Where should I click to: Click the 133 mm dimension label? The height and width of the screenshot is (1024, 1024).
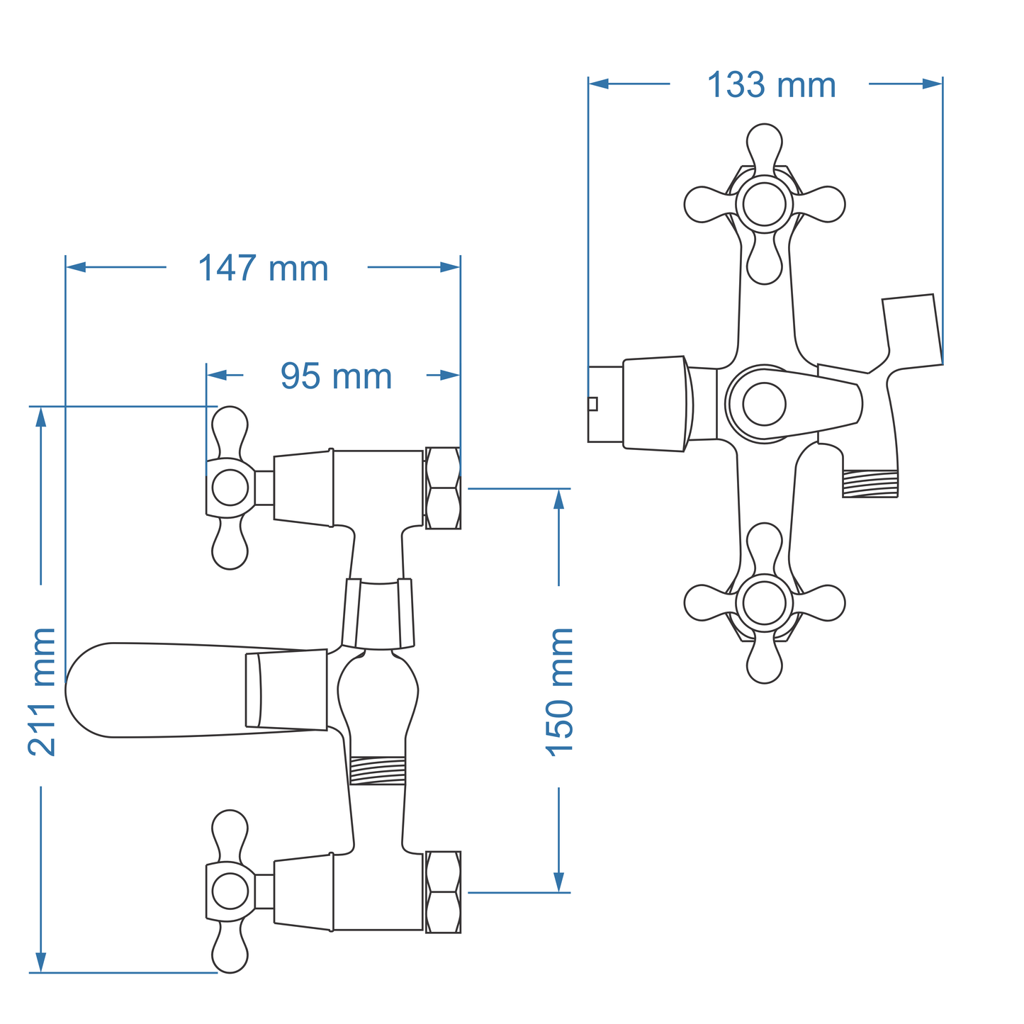(x=771, y=85)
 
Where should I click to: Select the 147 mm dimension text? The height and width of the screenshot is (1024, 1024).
(x=263, y=269)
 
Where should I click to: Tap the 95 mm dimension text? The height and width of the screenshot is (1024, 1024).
(x=336, y=376)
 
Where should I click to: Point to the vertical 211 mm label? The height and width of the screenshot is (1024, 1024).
(x=42, y=691)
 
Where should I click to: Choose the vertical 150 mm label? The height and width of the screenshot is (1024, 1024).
(x=560, y=691)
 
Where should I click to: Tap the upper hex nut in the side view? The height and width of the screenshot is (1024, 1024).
(x=443, y=488)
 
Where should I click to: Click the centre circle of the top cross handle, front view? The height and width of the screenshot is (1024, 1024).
(x=764, y=204)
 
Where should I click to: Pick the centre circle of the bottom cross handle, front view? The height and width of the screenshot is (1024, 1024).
(x=764, y=603)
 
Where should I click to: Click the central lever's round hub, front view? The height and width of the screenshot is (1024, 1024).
(x=764, y=404)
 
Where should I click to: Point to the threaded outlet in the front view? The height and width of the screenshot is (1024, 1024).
(x=870, y=484)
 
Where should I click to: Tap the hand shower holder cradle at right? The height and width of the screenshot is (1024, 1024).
(x=911, y=330)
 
